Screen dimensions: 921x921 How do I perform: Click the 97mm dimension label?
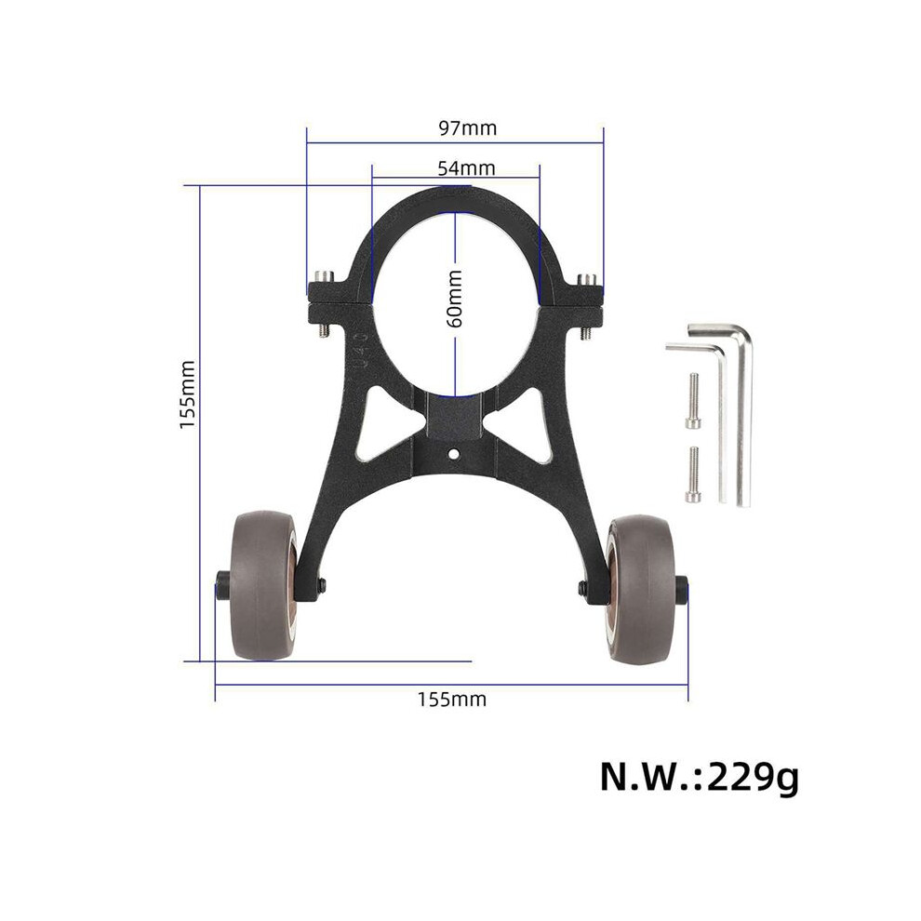(x=468, y=128)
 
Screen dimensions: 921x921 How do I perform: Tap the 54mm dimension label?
(x=466, y=168)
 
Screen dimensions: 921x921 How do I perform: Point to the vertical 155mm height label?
(x=187, y=394)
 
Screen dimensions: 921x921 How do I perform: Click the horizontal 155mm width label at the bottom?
(x=452, y=700)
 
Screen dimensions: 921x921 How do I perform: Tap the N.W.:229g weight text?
(x=699, y=778)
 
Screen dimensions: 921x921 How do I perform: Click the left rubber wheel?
(x=265, y=585)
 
